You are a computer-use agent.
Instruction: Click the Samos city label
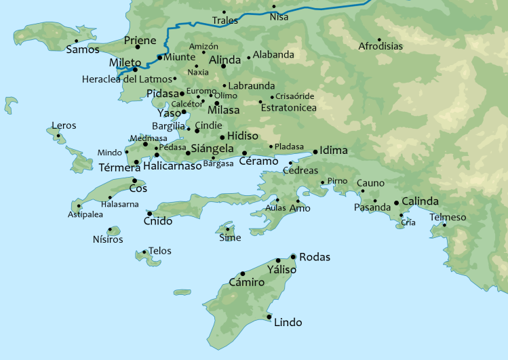click(79, 49)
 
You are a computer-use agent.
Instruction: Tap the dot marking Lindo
click(269, 317)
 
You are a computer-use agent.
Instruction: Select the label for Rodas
click(314, 257)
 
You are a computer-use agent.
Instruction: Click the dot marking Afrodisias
click(379, 39)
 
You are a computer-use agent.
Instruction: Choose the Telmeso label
click(448, 217)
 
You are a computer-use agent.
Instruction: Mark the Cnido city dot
click(149, 214)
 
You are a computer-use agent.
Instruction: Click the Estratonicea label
click(288, 108)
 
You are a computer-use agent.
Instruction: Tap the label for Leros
click(63, 126)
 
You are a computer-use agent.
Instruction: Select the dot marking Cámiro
click(243, 274)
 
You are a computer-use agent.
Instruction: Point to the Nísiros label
click(108, 239)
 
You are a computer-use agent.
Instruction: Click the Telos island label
click(159, 251)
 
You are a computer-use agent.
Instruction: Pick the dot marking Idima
click(315, 151)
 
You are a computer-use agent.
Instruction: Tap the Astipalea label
click(85, 214)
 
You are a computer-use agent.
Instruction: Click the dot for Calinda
click(396, 202)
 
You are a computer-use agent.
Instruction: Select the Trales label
click(225, 21)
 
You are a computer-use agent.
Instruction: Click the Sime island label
click(230, 238)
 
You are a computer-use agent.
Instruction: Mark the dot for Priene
click(137, 47)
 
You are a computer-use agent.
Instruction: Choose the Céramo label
click(258, 161)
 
